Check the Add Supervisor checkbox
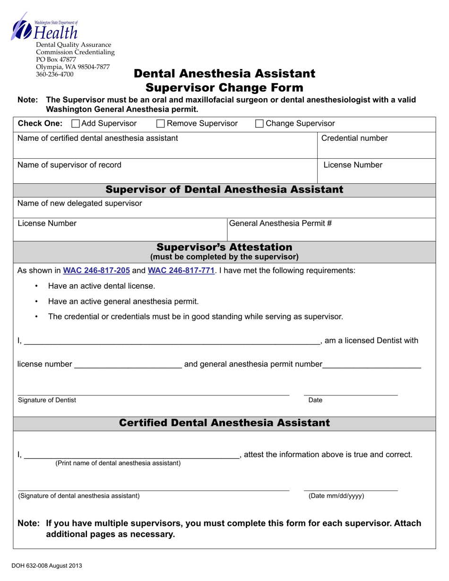pyautogui.click(x=76, y=124)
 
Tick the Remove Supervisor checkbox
pyautogui.click(x=161, y=124)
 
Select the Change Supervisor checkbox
pyautogui.click(x=259, y=124)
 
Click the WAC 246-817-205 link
pyautogui.click(x=96, y=271)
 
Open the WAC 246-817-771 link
pyautogui.click(x=181, y=271)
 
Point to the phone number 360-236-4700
pyautogui.click(x=55, y=74)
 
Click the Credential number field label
pyautogui.click(x=354, y=138)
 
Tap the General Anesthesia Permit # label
pyautogui.click(x=280, y=223)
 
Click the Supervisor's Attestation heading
pyautogui.click(x=224, y=248)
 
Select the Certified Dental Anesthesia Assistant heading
pyautogui.click(x=224, y=423)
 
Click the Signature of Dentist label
pyautogui.click(x=47, y=400)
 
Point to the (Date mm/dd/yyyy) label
pyautogui.click(x=336, y=496)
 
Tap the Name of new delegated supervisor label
pyautogui.click(x=79, y=203)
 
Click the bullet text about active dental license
pyautogui.click(x=101, y=286)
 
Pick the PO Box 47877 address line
pyautogui.click(x=56, y=60)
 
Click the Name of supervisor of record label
pyautogui.click(x=69, y=165)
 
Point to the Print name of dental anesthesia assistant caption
pyautogui.click(x=118, y=463)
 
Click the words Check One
pyautogui.click(x=40, y=124)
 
